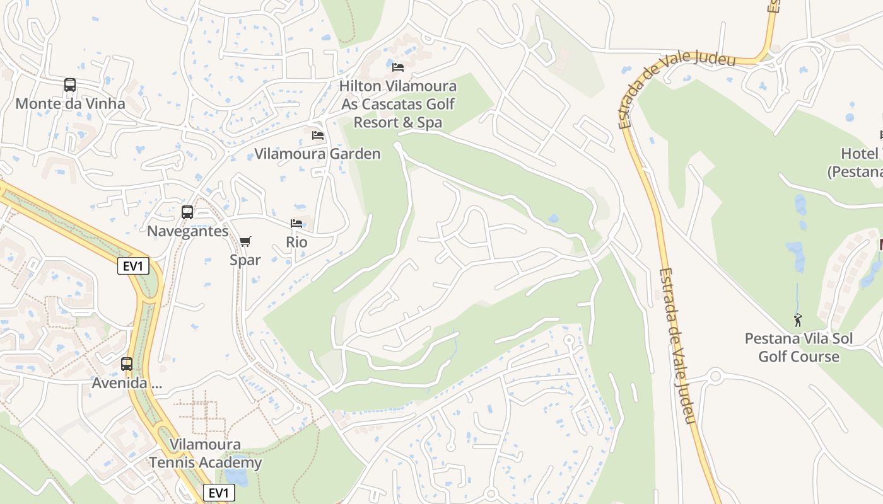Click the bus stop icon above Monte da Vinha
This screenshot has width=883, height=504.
70,85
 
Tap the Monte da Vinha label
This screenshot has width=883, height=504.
70,103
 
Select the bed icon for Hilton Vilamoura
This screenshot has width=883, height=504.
398,67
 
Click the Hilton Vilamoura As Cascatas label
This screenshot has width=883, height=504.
398,104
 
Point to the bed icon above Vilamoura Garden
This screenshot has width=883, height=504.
318,135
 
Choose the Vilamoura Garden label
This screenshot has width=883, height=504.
317,154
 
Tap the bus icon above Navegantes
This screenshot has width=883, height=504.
187,212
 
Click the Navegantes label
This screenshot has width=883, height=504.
187,231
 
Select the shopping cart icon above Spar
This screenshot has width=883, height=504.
245,241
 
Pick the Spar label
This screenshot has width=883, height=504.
245,260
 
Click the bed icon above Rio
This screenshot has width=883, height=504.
296,224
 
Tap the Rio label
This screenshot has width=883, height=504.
296,242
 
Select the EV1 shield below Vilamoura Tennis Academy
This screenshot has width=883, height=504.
219,493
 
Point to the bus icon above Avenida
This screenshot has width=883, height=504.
127,364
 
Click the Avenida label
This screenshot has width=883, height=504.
127,382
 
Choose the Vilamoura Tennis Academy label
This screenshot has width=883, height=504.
205,454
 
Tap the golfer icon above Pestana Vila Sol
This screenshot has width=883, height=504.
798,320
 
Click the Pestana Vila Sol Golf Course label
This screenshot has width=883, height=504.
798,347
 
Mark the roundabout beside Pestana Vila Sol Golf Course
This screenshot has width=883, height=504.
715,377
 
